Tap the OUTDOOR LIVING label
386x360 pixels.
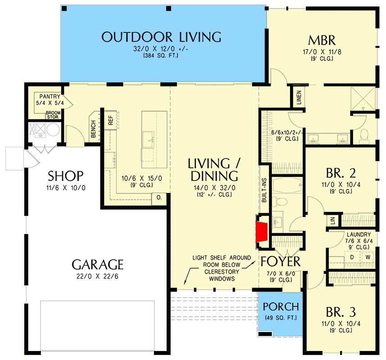click(161, 37)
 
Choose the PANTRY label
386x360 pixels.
click(50, 96)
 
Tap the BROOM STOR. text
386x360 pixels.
click(52, 115)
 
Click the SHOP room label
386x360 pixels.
click(66, 175)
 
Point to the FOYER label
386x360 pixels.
click(280, 261)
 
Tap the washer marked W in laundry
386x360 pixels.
click(368, 257)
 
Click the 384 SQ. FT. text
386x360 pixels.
click(161, 56)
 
